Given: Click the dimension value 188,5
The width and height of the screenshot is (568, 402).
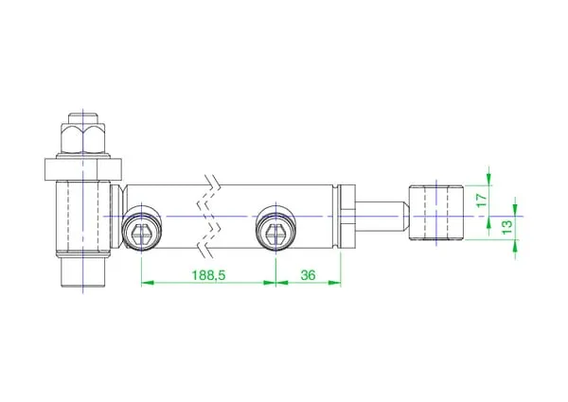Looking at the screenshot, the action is pos(208,275).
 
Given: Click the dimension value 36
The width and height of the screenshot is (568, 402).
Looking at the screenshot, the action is pos(308,275).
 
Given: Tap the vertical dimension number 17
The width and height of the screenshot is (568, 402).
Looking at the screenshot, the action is pos(482,201).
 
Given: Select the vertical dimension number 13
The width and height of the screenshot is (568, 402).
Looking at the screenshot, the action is pos(507,227).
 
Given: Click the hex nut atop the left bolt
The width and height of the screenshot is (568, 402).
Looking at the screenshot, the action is pos(83,139).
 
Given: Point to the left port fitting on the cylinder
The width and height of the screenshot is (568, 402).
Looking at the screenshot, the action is pos(141,228).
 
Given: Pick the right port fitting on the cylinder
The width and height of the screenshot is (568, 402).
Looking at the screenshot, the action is pos(276,228).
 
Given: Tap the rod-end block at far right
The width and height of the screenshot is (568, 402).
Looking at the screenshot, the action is pos(436,213).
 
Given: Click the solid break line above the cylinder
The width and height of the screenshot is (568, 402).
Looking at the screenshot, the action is pos(212,181).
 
